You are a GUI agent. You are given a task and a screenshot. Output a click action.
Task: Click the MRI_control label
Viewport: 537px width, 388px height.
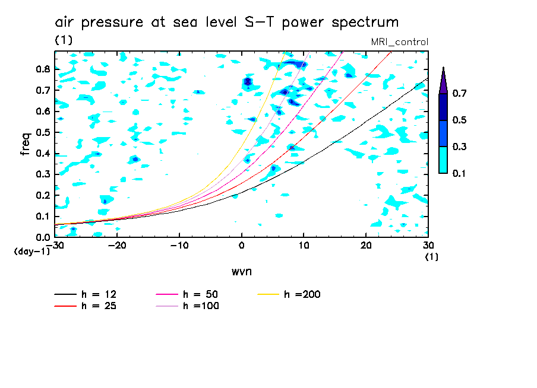coord(399,42)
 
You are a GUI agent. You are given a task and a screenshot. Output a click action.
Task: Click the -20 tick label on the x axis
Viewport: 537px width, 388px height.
coord(117,246)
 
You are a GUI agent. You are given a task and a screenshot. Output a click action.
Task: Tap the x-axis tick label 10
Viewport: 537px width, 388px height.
coord(304,246)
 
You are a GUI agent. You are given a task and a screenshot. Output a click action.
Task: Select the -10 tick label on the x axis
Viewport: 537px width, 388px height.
coord(179,246)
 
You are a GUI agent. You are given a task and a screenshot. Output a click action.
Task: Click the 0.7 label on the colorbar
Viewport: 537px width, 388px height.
coord(459,94)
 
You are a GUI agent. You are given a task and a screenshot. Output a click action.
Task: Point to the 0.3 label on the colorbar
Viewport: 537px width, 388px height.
coord(459,147)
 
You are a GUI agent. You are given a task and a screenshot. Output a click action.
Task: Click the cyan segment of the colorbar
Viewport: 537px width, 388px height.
coord(443,160)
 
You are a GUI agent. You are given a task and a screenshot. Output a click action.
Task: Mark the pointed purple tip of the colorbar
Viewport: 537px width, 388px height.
coord(443,74)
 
